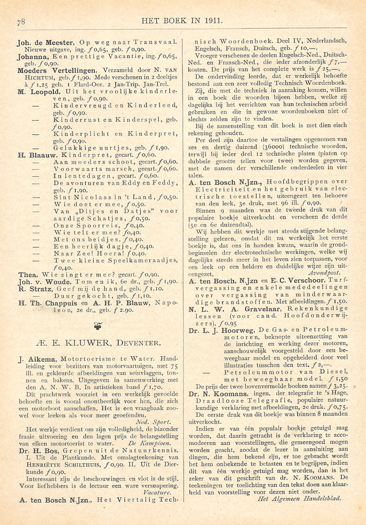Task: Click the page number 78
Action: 21,21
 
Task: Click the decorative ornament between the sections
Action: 97,326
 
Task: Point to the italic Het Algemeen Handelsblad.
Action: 300,498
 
